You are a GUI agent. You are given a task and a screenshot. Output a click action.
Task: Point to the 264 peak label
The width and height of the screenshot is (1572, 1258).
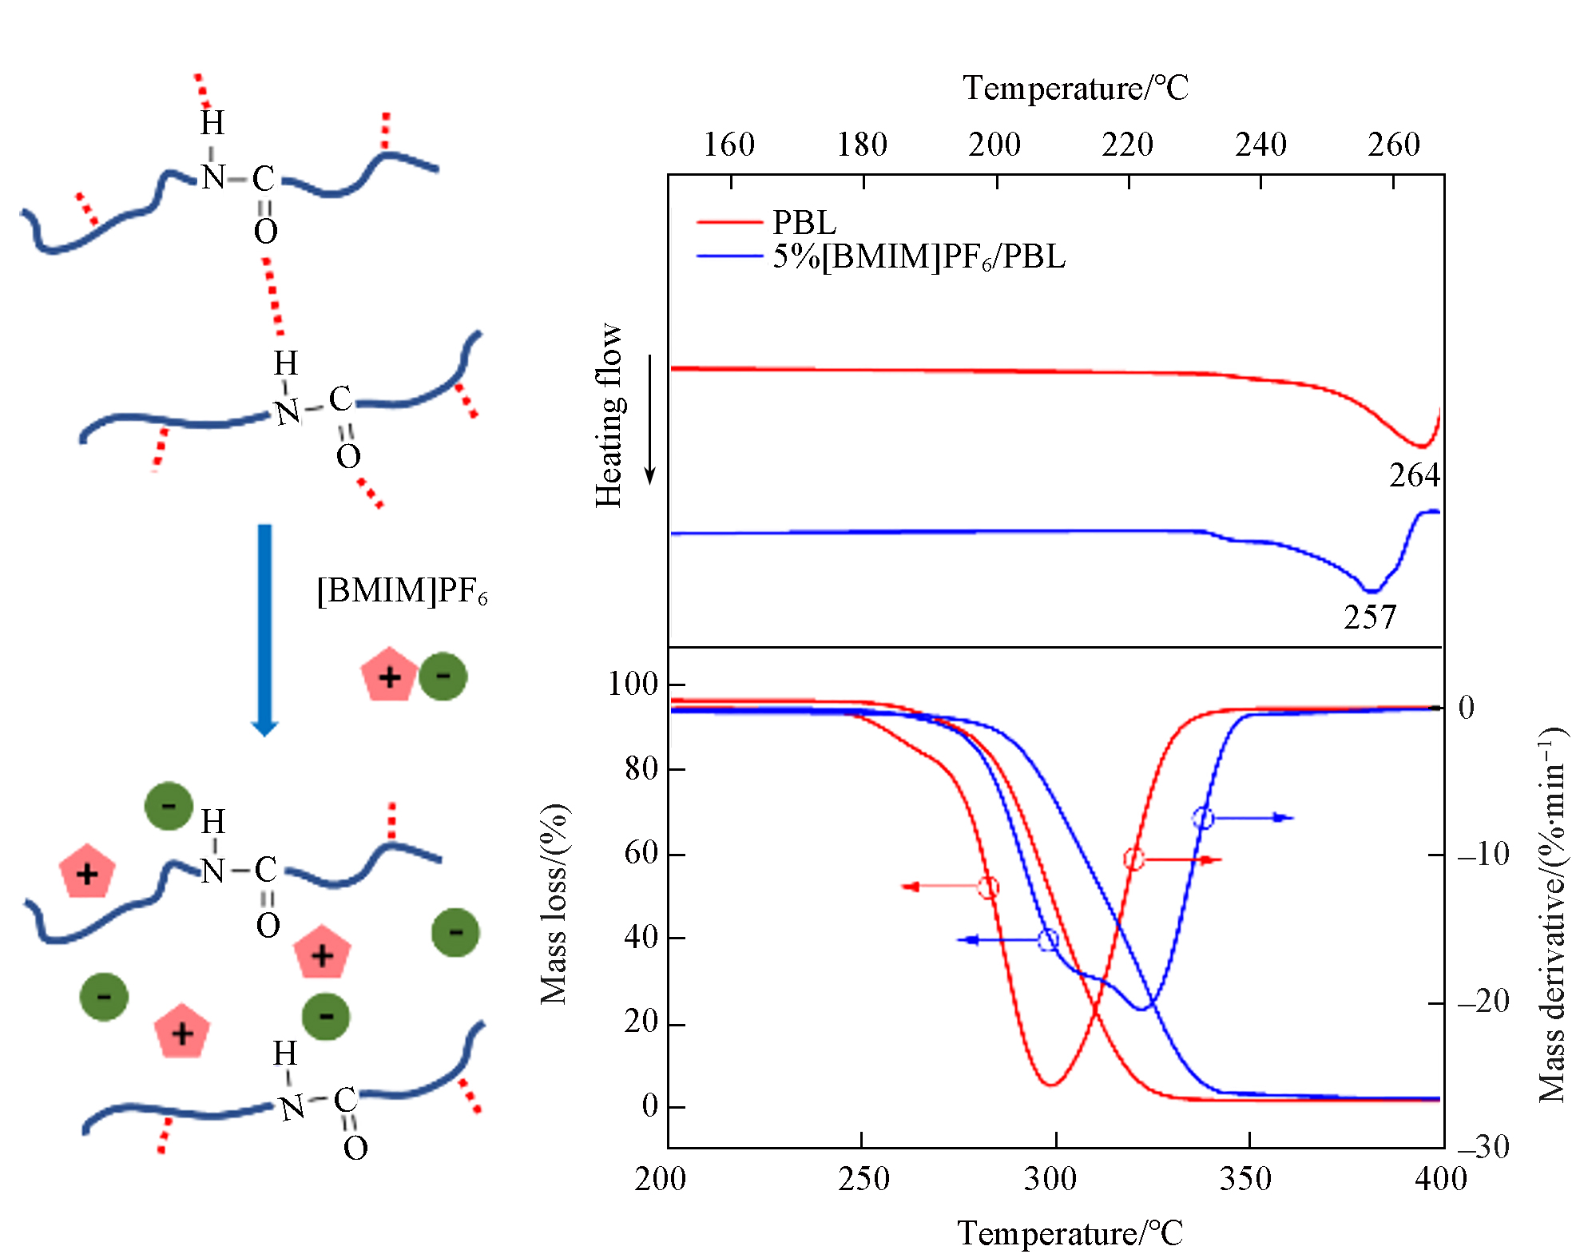coord(1414,476)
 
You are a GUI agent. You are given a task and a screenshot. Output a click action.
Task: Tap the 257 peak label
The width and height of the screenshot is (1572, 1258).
coord(1369,618)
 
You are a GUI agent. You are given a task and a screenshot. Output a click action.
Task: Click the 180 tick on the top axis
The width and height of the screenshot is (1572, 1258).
coord(862,145)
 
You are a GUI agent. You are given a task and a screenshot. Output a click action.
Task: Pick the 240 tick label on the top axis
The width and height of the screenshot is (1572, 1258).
coord(1260,145)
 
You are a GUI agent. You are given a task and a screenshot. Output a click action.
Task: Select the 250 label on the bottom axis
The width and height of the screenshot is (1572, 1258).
coord(863,1179)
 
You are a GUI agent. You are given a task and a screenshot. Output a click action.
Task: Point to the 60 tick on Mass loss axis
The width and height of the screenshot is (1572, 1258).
coord(641,853)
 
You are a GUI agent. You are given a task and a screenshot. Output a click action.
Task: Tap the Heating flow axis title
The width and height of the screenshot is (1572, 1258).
coord(609,415)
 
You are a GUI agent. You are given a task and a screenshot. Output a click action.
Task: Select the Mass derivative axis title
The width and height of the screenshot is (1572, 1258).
coord(1551,915)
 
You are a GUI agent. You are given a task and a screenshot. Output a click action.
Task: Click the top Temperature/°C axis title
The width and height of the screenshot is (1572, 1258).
coord(1075,88)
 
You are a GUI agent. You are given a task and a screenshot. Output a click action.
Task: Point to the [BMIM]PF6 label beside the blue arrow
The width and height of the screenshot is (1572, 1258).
coord(402,591)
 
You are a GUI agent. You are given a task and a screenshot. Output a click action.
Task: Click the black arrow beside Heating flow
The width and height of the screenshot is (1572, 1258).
coord(650,420)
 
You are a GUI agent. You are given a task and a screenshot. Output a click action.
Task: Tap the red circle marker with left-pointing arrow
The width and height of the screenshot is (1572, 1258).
coord(988,887)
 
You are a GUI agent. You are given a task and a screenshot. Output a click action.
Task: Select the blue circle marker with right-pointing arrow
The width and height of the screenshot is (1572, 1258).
coord(1203,818)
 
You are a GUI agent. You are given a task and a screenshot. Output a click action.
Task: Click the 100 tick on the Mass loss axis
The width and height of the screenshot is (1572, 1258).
coord(633,685)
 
